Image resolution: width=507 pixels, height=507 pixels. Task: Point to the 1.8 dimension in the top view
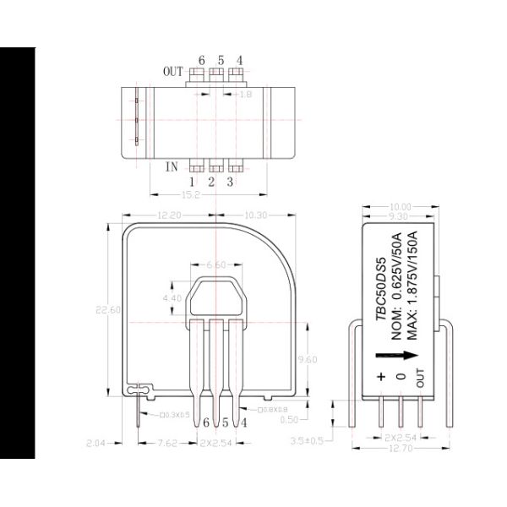[246, 95]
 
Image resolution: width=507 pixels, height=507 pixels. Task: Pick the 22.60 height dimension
[111, 311]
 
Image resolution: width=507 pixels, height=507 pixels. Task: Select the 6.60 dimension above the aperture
[217, 265]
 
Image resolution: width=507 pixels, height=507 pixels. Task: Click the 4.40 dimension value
[172, 298]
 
